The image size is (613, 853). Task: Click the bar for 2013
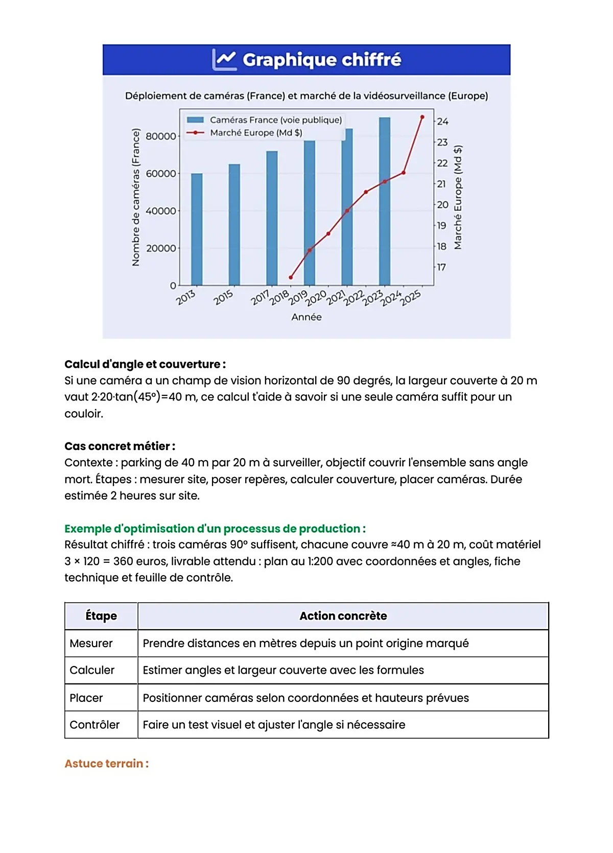point(197,230)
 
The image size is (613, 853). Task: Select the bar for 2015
point(234,225)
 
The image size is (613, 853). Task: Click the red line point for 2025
point(422,117)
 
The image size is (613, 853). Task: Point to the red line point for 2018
point(291,277)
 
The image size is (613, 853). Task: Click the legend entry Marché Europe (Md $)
point(255,133)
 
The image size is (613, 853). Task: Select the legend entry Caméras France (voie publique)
point(275,120)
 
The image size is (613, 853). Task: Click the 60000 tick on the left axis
point(160,174)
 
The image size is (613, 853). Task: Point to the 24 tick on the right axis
point(442,122)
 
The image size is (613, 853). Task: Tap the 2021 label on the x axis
point(336,298)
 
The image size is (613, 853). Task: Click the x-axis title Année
point(306,317)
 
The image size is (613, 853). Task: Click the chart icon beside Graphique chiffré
point(224,60)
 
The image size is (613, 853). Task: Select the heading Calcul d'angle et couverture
point(145,364)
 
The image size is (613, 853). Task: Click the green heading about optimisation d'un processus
point(215,529)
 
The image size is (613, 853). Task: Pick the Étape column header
point(101,616)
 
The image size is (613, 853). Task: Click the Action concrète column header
point(343,616)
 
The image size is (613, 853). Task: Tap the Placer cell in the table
point(86,698)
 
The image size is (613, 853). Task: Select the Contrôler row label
point(95,725)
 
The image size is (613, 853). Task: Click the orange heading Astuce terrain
point(106,764)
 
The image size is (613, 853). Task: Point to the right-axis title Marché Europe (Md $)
point(458,198)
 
